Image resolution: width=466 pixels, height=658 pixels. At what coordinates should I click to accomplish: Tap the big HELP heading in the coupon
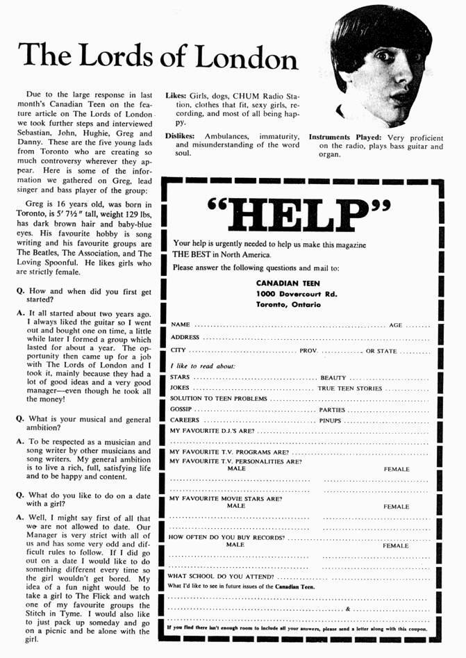tap(299, 213)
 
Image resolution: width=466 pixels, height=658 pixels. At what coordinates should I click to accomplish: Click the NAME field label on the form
tap(180, 324)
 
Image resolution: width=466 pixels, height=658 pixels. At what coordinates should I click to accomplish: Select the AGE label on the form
tap(396, 324)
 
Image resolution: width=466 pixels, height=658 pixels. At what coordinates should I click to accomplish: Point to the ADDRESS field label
tap(185, 338)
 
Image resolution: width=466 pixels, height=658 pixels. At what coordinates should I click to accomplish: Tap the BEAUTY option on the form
tap(333, 377)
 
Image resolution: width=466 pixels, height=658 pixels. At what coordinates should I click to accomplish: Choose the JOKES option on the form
tap(180, 388)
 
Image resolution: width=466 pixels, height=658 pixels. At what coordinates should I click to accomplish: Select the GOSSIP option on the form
tap(181, 410)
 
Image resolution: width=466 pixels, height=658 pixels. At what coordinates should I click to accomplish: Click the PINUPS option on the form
tap(331, 420)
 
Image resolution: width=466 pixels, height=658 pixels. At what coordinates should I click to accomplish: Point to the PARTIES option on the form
tap(332, 410)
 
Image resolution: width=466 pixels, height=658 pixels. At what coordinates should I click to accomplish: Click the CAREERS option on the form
tap(185, 420)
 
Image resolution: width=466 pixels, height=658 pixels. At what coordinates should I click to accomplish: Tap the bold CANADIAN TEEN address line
tap(288, 283)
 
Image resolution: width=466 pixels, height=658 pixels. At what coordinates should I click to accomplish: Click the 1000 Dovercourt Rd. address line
tap(297, 294)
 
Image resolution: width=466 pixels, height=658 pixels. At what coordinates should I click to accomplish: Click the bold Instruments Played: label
tap(346, 137)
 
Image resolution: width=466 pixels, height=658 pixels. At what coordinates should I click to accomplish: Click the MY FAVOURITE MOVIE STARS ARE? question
tap(226, 498)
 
